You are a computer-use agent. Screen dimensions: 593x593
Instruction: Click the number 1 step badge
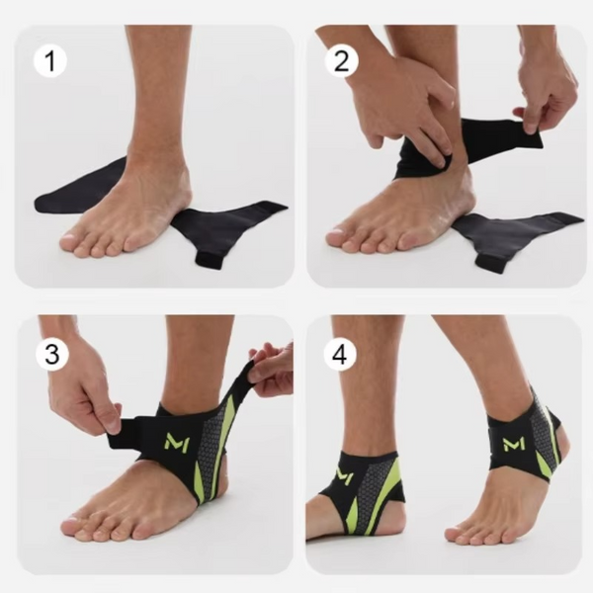[x=50, y=61]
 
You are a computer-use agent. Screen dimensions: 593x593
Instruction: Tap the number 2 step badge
[x=342, y=61]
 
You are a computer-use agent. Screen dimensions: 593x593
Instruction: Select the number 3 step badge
[x=52, y=355]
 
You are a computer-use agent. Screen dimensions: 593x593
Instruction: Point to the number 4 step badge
[x=340, y=355]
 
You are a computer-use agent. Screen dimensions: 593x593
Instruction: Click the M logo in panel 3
[x=177, y=442]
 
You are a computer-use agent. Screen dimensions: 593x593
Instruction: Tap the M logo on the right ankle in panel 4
[x=514, y=444]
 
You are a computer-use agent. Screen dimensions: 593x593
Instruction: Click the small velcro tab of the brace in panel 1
[x=209, y=260]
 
